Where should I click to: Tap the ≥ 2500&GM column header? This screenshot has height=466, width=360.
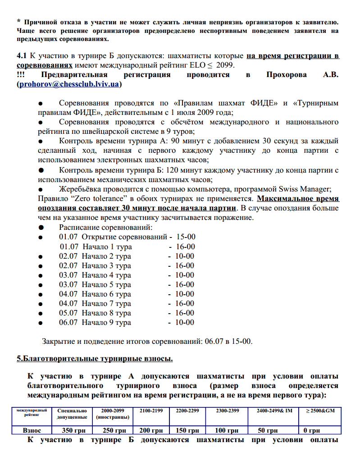321,411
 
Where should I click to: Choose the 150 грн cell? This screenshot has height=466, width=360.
187,430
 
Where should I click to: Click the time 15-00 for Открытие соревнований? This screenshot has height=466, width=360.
186,237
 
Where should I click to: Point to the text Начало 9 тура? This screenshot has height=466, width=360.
106,323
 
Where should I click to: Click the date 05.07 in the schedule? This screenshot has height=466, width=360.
68,313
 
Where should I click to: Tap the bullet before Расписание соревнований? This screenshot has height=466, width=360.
41,227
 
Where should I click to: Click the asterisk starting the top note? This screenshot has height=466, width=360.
18,22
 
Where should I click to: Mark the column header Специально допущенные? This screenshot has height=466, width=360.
72,414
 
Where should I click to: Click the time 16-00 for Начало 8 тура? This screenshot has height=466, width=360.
184,313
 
